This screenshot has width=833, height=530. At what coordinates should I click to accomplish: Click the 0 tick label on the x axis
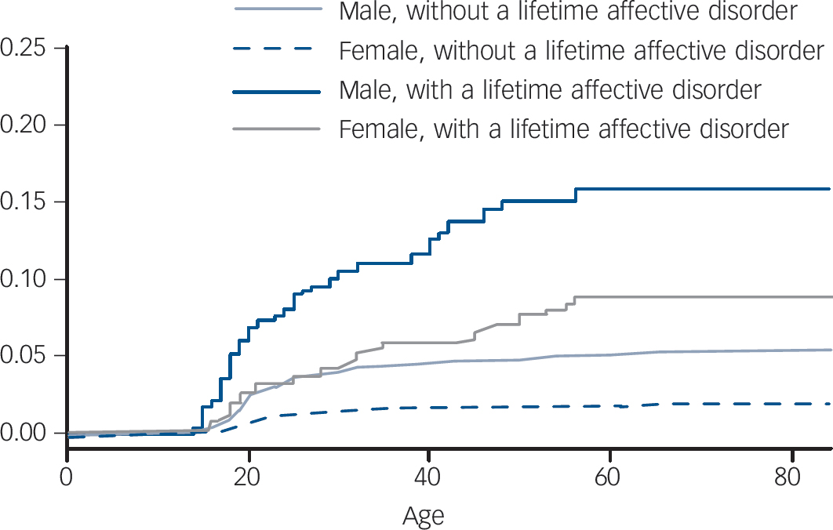[x=67, y=477]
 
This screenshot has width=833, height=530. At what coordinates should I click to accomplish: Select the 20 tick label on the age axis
[x=249, y=477]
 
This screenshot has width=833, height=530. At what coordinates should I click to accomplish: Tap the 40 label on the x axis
[x=429, y=477]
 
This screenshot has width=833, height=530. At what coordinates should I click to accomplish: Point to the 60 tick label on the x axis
[x=609, y=477]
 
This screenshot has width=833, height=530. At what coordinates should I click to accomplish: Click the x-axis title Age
[x=424, y=515]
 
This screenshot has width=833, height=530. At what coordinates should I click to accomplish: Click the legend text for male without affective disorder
[x=568, y=13]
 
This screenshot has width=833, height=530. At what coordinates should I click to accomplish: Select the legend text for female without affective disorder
[x=581, y=52]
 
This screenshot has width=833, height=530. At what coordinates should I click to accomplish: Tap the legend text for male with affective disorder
[x=550, y=90]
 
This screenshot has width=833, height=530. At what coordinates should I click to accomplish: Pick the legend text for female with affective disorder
[x=563, y=129]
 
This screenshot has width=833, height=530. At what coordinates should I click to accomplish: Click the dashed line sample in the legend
[x=276, y=52]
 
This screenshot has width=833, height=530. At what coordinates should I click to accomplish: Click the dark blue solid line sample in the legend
[x=276, y=91]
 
